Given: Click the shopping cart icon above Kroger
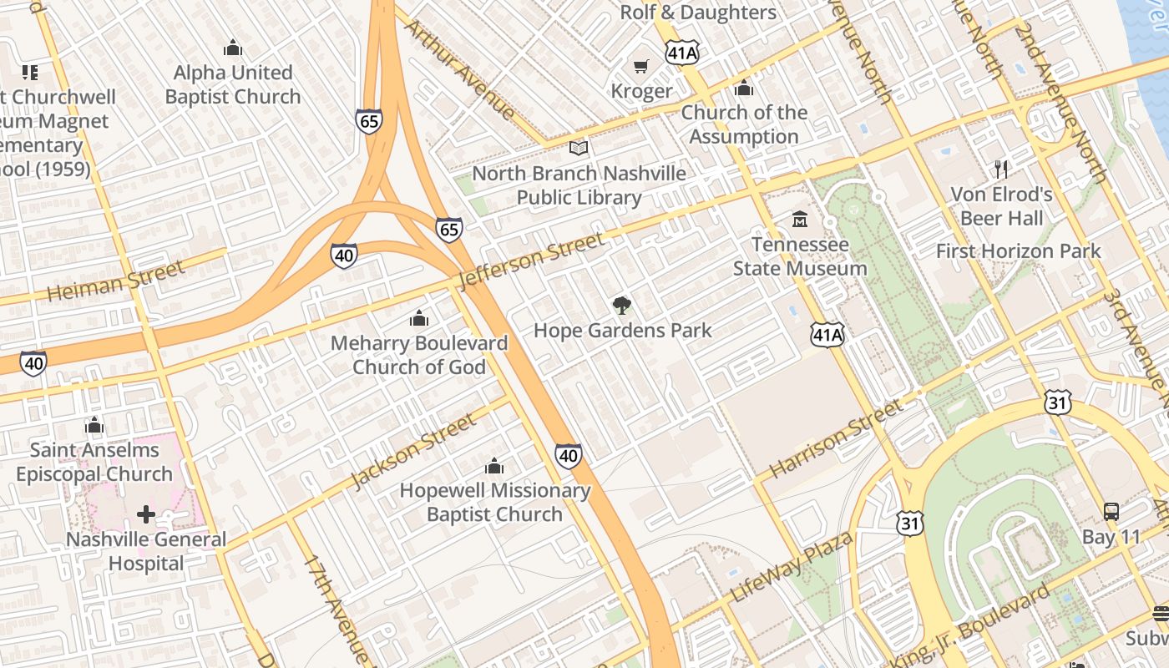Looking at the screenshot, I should pyautogui.click(x=641, y=66).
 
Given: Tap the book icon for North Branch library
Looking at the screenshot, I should pyautogui.click(x=579, y=149).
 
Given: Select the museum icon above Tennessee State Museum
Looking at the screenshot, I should pyautogui.click(x=800, y=220).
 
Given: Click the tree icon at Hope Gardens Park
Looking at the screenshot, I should pyautogui.click(x=621, y=306).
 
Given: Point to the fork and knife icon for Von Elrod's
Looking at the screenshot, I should pyautogui.click(x=1001, y=170).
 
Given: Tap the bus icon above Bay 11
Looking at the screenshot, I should pyautogui.click(x=1111, y=512).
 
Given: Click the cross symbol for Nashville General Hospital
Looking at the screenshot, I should pyautogui.click(x=146, y=514).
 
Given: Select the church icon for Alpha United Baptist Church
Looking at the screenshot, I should pyautogui.click(x=233, y=48).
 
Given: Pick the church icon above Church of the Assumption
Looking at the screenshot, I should pyautogui.click(x=744, y=88).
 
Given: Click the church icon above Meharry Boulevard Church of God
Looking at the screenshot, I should pyautogui.click(x=418, y=318).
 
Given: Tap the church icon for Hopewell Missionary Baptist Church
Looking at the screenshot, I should pyautogui.click(x=494, y=465).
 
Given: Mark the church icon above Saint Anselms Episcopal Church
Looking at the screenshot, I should pyautogui.click(x=94, y=426).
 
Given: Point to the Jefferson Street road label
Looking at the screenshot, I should pyautogui.click(x=531, y=261).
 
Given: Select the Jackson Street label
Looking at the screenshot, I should pyautogui.click(x=413, y=450).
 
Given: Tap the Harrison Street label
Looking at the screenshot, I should pyautogui.click(x=836, y=438).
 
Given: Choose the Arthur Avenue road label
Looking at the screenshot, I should pyautogui.click(x=460, y=69).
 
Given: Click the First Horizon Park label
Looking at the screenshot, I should pyautogui.click(x=1018, y=251).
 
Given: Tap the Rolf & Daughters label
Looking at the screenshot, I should pyautogui.click(x=698, y=13).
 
